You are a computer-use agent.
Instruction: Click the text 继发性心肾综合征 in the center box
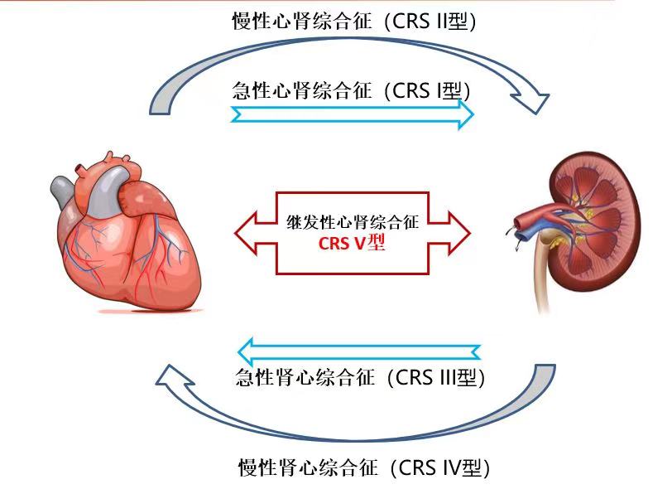pyautogui.click(x=353, y=223)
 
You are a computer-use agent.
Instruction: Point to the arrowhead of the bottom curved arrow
pyautogui.click(x=170, y=380)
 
